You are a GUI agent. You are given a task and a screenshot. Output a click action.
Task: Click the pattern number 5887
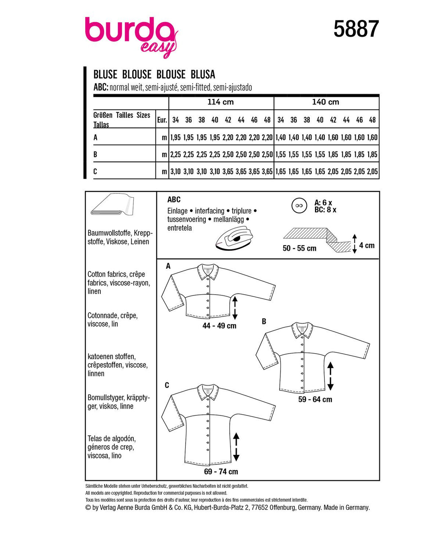(x=356, y=29)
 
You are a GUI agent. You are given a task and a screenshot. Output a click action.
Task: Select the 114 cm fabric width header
(x=221, y=102)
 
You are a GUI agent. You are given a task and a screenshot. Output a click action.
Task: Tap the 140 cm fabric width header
(x=325, y=102)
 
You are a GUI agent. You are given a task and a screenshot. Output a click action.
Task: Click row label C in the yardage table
(x=95, y=171)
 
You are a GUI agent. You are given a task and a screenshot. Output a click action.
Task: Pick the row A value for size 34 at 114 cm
(x=176, y=138)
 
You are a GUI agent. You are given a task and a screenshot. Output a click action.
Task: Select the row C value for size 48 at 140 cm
(x=372, y=171)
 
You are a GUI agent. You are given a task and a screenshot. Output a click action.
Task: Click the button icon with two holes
(x=299, y=206)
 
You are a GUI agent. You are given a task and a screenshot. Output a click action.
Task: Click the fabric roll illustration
(x=112, y=205)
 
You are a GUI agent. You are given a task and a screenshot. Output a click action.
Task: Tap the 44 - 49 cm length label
(x=219, y=326)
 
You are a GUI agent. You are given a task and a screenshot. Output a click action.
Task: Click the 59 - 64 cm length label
(x=315, y=399)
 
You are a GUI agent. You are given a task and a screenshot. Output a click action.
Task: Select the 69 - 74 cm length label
(x=221, y=472)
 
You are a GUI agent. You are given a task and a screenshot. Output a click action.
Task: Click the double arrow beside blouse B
(x=330, y=376)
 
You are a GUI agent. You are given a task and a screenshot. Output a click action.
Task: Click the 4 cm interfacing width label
(x=367, y=245)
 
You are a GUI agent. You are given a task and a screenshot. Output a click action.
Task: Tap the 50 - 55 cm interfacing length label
(x=299, y=248)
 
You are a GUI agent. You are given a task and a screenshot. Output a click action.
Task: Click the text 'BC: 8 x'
(x=325, y=210)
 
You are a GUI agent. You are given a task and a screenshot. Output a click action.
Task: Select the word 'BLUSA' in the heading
(x=203, y=75)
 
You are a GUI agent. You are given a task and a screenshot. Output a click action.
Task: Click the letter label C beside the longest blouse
(x=167, y=385)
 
